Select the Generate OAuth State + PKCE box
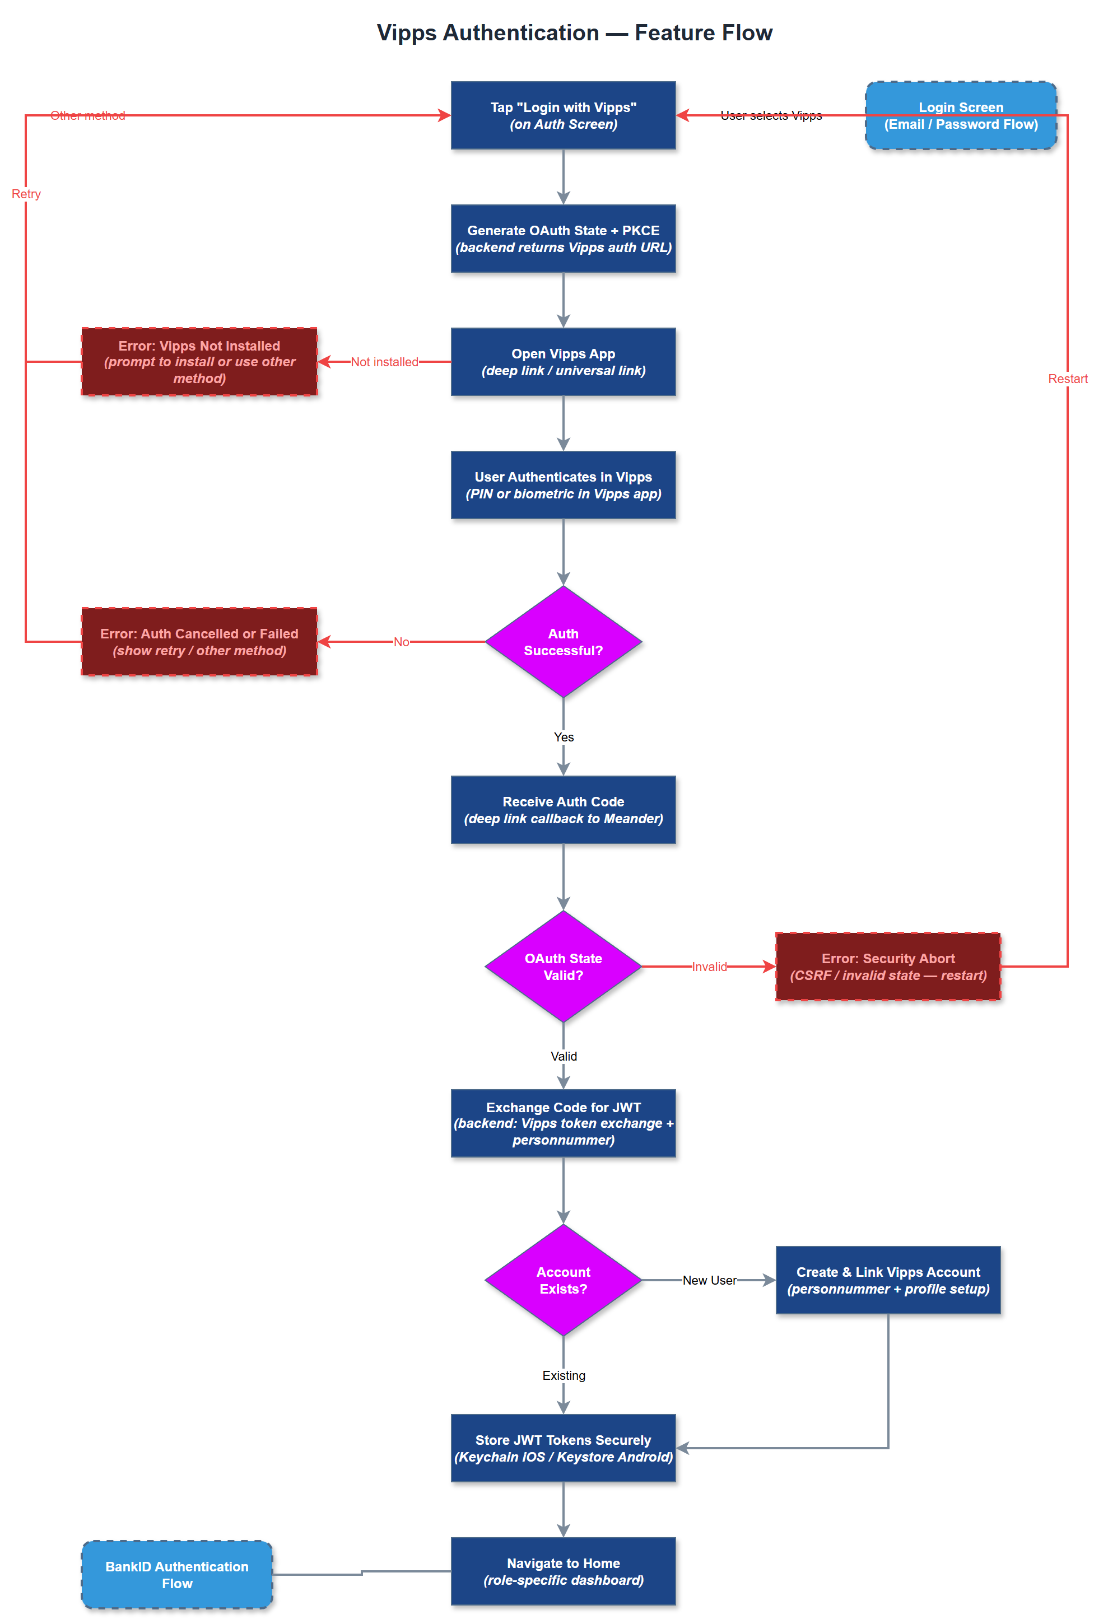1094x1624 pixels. coord(563,239)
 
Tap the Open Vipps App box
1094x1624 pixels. coord(563,361)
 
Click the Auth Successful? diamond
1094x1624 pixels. coord(563,642)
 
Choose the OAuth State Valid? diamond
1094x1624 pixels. coord(563,967)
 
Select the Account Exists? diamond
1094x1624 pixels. coord(563,1280)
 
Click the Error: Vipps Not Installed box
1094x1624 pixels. coord(199,361)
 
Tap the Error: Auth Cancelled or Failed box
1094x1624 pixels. coord(199,642)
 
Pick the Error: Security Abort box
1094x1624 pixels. coord(887,967)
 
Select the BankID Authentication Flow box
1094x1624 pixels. coord(176,1575)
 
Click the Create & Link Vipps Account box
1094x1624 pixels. coord(887,1280)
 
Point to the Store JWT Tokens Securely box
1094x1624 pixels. coord(563,1448)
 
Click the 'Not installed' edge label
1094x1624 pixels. coord(384,362)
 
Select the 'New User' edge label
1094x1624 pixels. coord(709,1280)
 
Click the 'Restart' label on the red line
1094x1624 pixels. coord(1067,379)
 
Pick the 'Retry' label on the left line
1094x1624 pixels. coord(26,194)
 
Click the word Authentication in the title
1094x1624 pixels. coord(520,33)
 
